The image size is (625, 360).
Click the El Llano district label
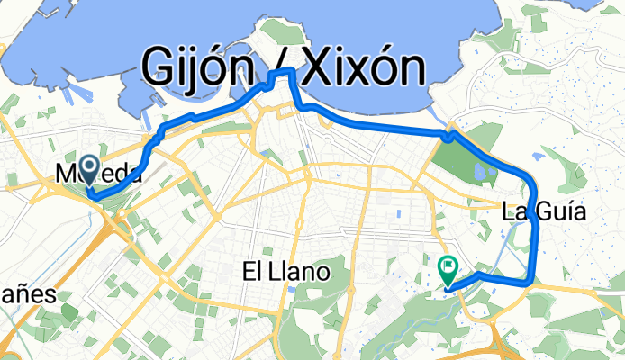[287, 269]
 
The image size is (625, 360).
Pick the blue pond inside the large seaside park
[479, 168]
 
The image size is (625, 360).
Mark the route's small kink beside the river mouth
[448, 136]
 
